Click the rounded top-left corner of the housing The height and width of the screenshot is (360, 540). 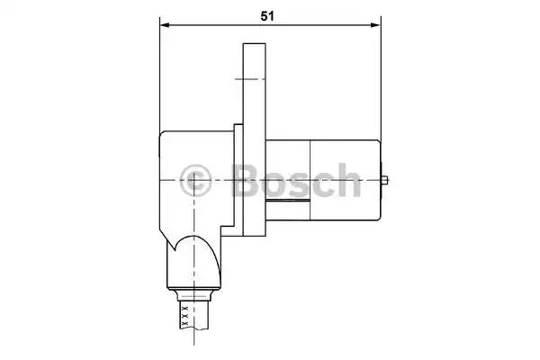click(163, 137)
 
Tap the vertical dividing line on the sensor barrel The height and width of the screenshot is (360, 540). click(310, 179)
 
